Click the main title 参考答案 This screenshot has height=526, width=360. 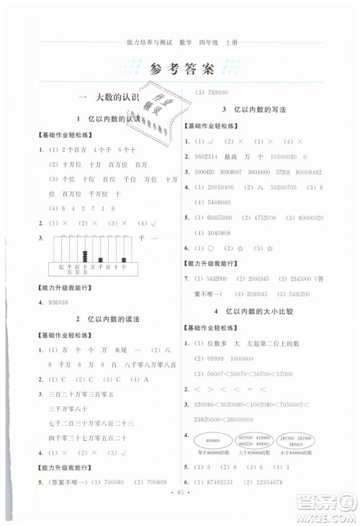coord(180,70)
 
